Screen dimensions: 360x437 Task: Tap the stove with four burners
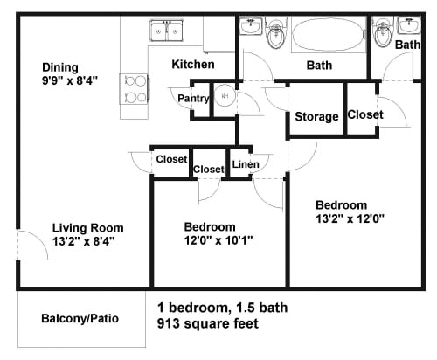(x=133, y=87)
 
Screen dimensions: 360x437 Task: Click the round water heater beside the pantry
(x=225, y=97)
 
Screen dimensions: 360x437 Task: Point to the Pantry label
(x=192, y=99)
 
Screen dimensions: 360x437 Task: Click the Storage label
(x=316, y=117)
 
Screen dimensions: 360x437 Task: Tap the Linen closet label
(x=245, y=164)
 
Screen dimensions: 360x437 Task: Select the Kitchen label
(x=192, y=64)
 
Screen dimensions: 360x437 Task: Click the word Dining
(x=59, y=67)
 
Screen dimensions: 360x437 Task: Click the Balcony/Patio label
(x=80, y=318)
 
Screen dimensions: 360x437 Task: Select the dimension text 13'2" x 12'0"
(x=350, y=219)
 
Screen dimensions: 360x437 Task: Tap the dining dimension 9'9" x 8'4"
(x=70, y=80)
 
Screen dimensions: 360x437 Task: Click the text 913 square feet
(x=207, y=323)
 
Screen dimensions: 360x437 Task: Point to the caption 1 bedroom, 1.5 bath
(x=222, y=308)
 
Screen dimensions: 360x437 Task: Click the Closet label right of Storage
(x=364, y=114)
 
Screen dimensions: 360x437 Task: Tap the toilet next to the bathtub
(x=277, y=34)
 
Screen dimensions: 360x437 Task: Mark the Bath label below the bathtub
(x=318, y=66)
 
